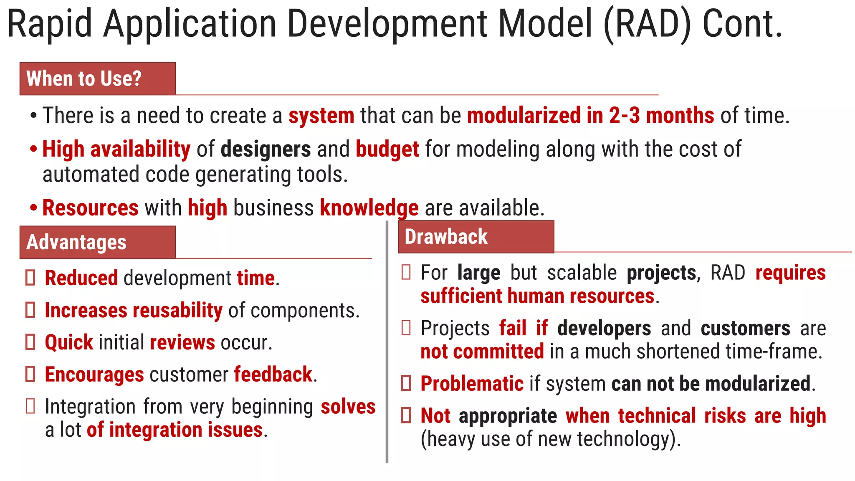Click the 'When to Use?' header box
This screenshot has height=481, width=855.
pos(97,78)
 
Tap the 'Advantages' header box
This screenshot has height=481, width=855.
pos(97,242)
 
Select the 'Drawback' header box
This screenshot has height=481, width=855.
pos(476,237)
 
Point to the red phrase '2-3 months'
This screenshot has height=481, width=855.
pos(661,115)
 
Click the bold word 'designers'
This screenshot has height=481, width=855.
pos(266,149)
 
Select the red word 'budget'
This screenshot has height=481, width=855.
pos(387,149)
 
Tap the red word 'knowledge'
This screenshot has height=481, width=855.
pos(369,208)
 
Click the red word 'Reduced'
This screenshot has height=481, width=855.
pos(81,278)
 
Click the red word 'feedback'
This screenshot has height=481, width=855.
pos(273,374)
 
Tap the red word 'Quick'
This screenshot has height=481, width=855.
pos(69,342)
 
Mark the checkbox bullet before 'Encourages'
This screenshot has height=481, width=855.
pos(30,374)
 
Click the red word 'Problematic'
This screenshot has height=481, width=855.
pos(472,383)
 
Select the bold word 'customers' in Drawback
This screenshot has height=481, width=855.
pos(745,328)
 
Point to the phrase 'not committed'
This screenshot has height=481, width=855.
pos(482,351)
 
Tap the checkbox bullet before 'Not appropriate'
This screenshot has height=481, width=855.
pos(406,415)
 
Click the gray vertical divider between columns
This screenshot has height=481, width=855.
pos(387,342)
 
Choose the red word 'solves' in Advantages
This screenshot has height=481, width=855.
pos(348,407)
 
